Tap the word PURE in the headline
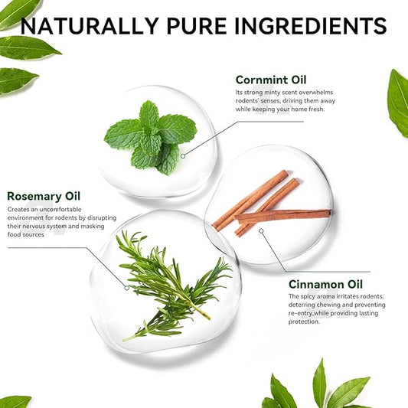(197, 26)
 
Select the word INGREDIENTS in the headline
(311, 26)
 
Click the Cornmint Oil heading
(271, 80)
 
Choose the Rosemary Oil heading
(44, 196)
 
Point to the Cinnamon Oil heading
(325, 285)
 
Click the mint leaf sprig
(151, 138)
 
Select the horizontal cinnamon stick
(283, 216)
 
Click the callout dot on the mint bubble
(183, 156)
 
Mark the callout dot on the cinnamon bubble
(261, 231)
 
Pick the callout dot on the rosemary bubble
(126, 288)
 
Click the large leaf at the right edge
(398, 103)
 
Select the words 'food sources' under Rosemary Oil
(26, 235)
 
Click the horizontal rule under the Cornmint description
(271, 122)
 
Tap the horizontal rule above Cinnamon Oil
(328, 272)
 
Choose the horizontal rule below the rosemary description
(47, 248)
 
